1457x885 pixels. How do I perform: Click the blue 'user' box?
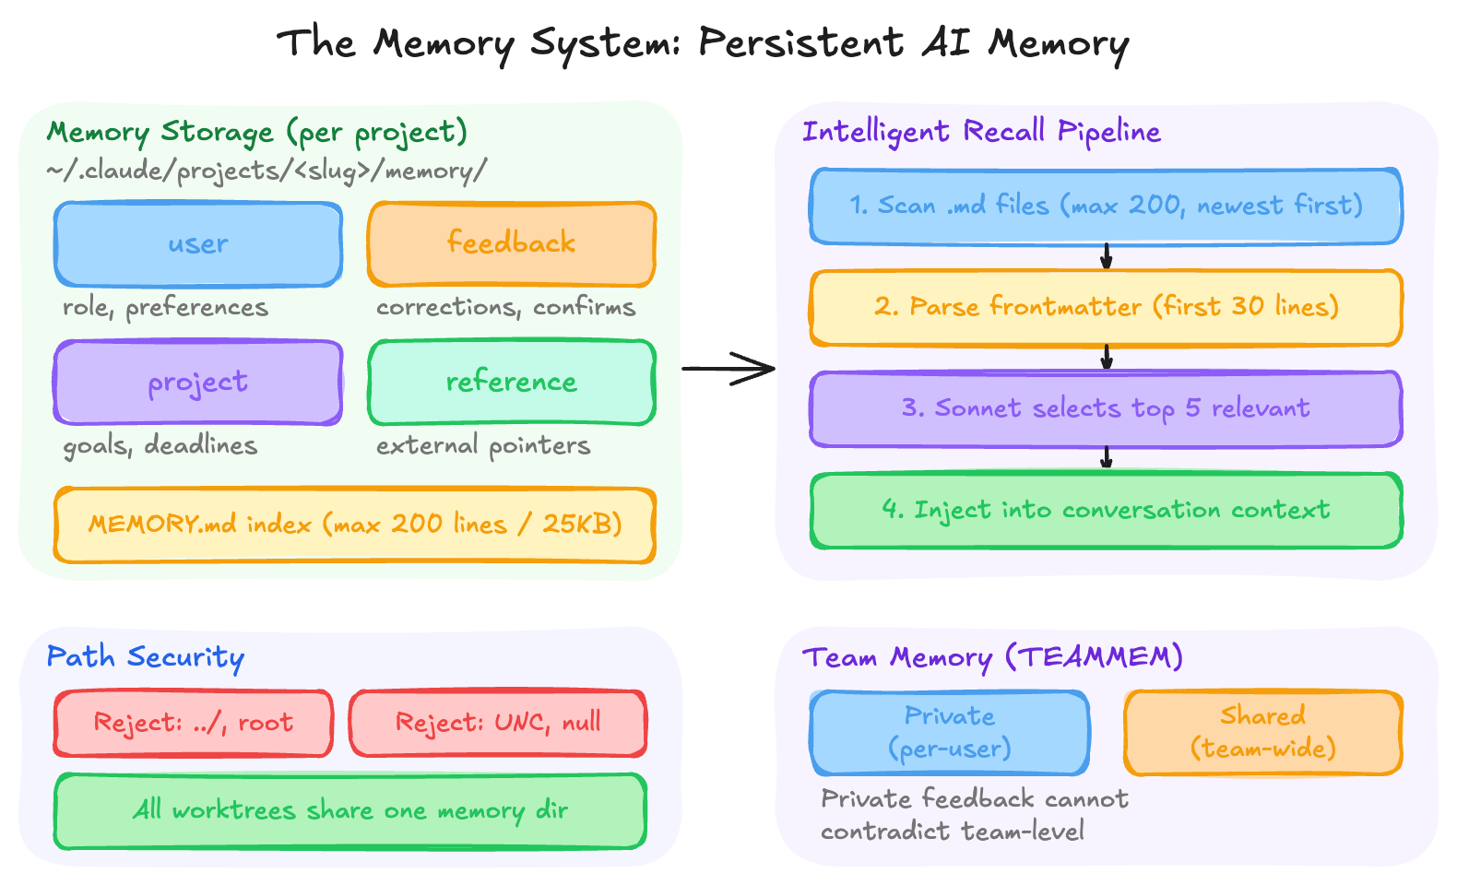198,244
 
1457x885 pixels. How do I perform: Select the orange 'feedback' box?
512,244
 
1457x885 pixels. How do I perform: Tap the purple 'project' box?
198,382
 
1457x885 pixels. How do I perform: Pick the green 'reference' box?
512,382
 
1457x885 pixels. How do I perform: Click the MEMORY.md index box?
355,525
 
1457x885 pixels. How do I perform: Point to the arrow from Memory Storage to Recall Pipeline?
728,369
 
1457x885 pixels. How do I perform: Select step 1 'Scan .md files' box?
1106,206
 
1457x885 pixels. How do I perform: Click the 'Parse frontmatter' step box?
1106,307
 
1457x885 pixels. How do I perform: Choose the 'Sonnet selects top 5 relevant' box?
1106,408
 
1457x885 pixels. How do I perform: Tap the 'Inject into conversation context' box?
1106,510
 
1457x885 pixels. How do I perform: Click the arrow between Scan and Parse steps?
1107,256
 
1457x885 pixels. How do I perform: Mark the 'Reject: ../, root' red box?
193,723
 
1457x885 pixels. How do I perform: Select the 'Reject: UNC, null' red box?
498,723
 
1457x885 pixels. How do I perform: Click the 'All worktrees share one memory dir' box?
350,810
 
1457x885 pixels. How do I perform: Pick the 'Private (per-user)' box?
950,732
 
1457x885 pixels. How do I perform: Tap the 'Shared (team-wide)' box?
1263,732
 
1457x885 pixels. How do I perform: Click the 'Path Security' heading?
146,657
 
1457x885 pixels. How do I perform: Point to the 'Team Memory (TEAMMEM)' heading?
992,657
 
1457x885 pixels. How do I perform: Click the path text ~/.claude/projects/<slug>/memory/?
267,171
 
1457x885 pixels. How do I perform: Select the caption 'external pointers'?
483,446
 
